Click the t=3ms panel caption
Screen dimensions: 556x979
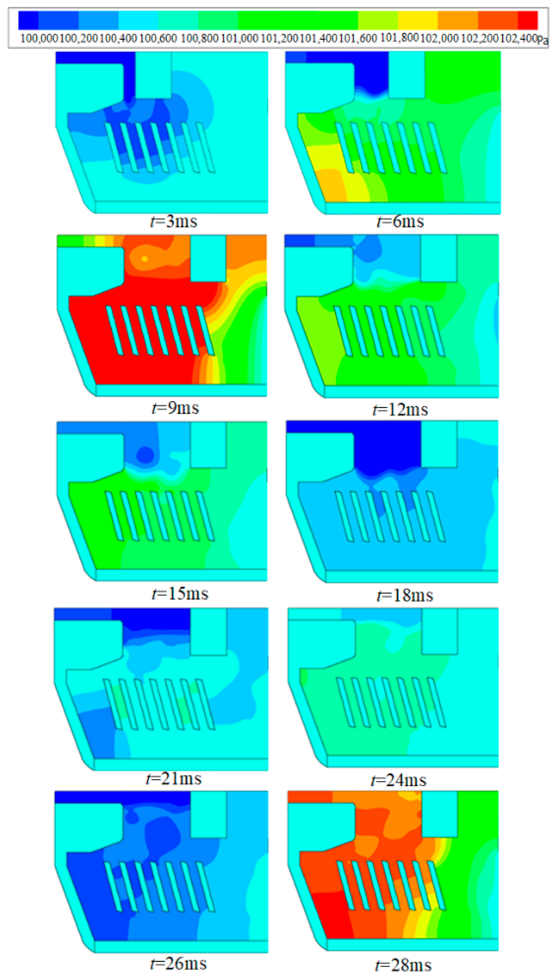(x=174, y=222)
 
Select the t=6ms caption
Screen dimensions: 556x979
(x=400, y=222)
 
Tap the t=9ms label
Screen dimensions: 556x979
(x=175, y=408)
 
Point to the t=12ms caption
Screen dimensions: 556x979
(x=400, y=410)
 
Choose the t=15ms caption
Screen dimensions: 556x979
(x=180, y=594)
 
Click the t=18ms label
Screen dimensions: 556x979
(x=405, y=595)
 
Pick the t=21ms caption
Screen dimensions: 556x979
(x=174, y=778)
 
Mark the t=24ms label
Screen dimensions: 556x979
(x=399, y=780)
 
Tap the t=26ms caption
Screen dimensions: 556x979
(x=178, y=963)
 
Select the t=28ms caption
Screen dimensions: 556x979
(x=403, y=965)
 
